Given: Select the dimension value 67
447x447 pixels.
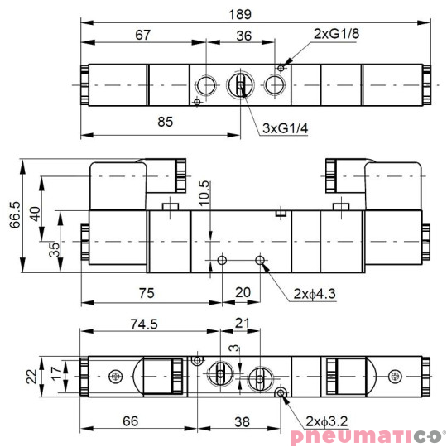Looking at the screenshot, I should [143, 36].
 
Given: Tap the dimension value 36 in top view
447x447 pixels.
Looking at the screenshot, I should [244, 36].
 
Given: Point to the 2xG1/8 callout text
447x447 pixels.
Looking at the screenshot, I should [337, 34].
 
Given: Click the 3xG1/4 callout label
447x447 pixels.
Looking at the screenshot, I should [285, 128].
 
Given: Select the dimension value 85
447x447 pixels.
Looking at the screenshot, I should [164, 123].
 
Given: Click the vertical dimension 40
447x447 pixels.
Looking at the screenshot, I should [33, 213].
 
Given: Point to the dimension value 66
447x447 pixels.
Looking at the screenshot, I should [131, 421].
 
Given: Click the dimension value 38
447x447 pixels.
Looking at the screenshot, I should [241, 421].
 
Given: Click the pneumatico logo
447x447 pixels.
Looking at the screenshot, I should [368, 435].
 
